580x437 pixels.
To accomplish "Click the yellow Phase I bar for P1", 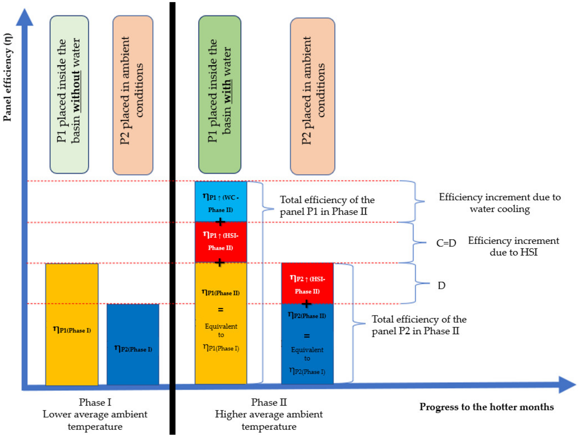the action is click(x=72, y=324).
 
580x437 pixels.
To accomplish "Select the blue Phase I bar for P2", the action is click(x=133, y=344).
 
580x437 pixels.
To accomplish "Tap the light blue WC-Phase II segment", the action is click(x=221, y=202).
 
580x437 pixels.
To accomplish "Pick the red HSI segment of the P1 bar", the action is click(x=221, y=242).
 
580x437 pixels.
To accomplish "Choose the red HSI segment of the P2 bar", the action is click(x=307, y=283).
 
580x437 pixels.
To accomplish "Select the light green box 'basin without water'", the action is click(x=69, y=95).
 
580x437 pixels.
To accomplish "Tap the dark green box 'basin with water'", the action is click(x=220, y=95).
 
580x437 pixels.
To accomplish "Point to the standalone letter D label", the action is click(x=442, y=285).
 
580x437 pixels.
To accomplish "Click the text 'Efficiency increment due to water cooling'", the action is click(x=500, y=203).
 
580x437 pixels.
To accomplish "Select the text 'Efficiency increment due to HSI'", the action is click(x=513, y=246).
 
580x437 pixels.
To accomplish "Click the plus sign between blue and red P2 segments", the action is click(x=306, y=304).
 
